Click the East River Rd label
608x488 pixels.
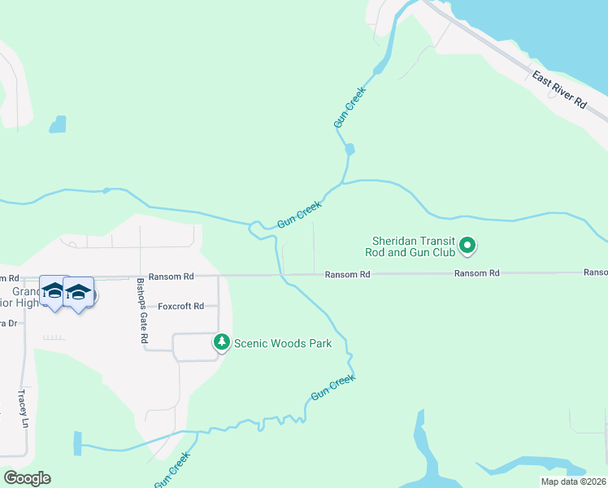[560, 89]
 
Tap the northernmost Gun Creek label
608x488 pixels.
[350, 107]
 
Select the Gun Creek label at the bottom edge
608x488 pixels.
[172, 470]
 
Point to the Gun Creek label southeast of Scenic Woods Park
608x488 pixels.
[333, 387]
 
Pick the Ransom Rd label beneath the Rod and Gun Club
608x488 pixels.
[477, 274]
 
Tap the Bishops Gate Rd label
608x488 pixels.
[142, 310]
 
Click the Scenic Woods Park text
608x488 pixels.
[283, 343]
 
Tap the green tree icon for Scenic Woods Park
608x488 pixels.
[222, 342]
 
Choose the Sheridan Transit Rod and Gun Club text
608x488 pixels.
[413, 246]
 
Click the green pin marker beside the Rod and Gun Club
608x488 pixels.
[467, 244]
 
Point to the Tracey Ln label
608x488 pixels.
[24, 409]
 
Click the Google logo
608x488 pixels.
[27, 478]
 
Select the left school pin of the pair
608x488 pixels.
[54, 292]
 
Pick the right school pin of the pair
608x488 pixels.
[78, 292]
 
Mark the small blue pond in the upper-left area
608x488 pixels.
[57, 124]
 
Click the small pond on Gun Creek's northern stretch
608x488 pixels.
[350, 150]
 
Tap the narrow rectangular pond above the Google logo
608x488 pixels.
[78, 443]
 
